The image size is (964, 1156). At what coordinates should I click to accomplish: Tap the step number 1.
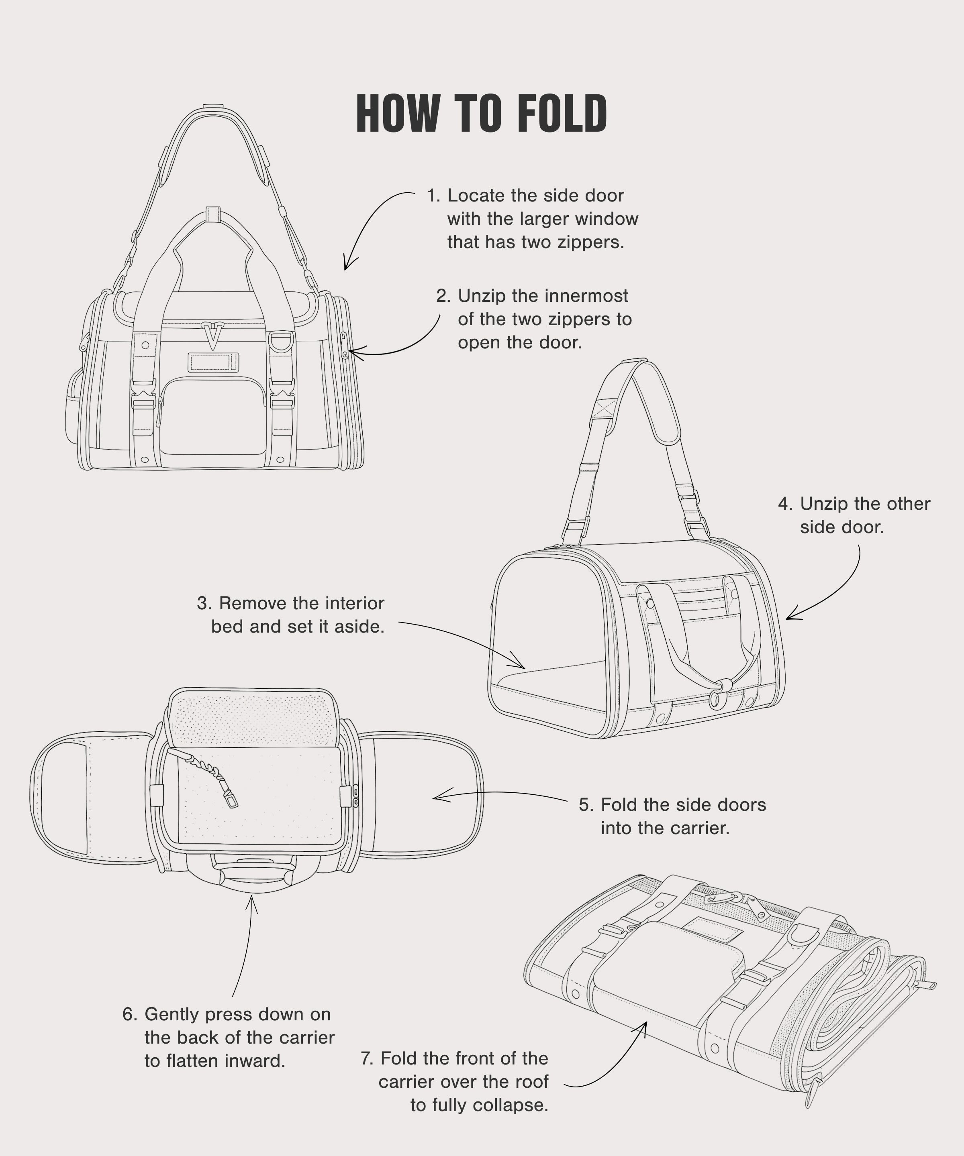[x=433, y=195]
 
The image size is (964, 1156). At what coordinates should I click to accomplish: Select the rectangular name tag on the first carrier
[x=213, y=362]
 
